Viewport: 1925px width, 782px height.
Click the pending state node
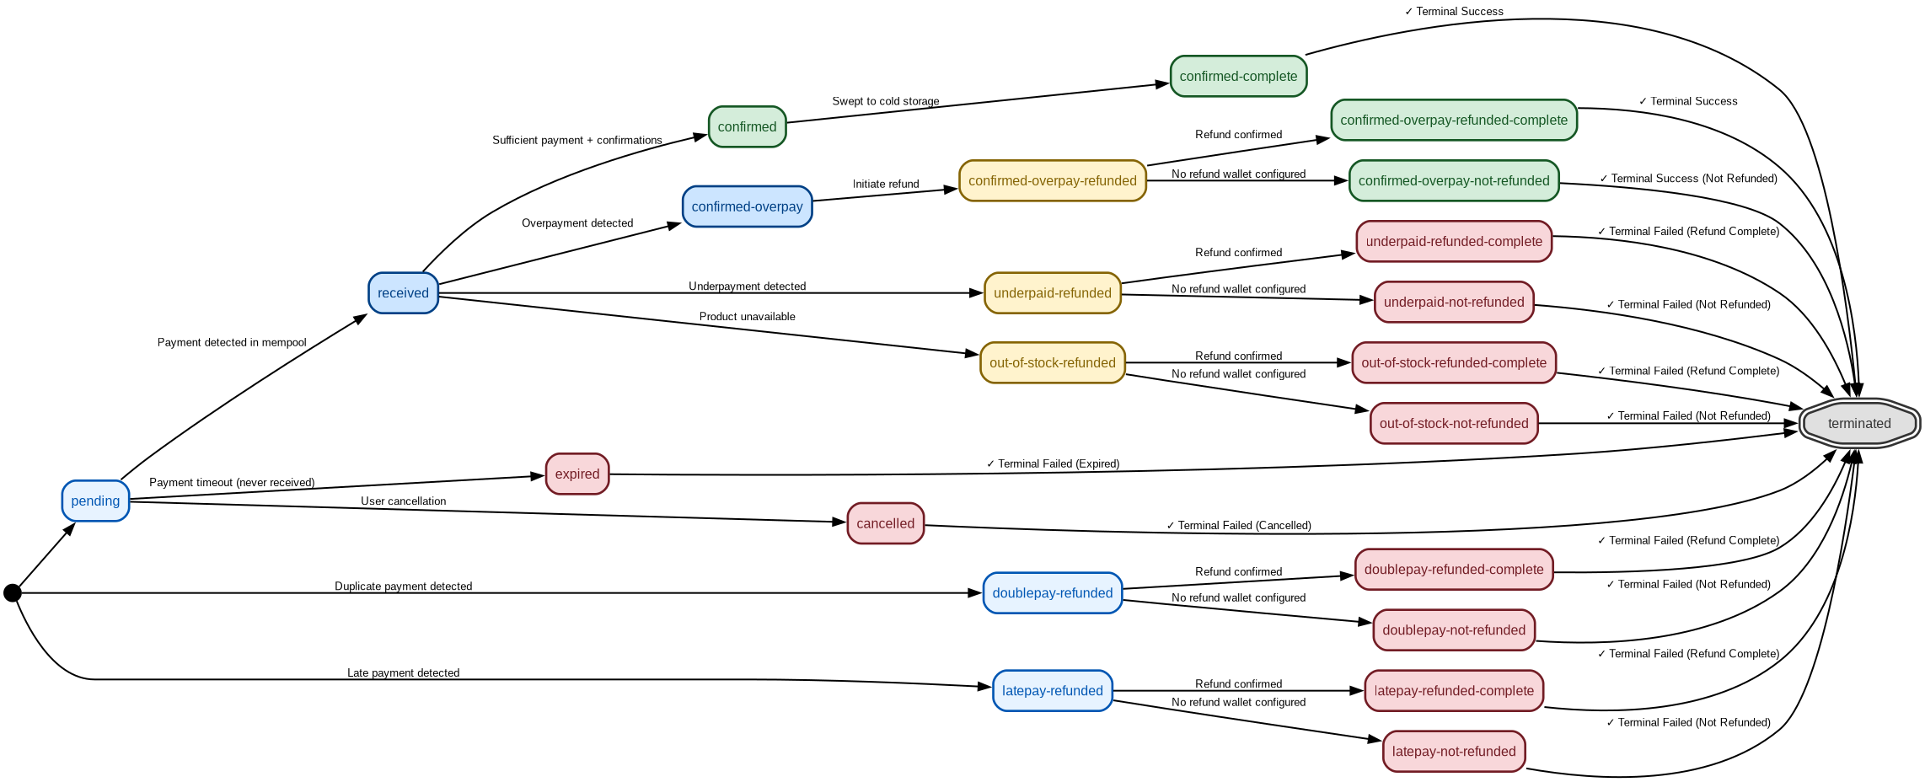click(x=95, y=501)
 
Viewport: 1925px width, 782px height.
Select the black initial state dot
click(x=13, y=593)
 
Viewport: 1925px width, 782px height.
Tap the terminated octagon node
click(x=1859, y=423)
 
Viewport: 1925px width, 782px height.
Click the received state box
click(x=403, y=292)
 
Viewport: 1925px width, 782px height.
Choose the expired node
click(x=577, y=474)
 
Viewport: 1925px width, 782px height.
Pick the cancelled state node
click(x=885, y=523)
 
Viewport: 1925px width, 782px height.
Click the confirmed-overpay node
click(x=747, y=206)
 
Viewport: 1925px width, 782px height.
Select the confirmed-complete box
click(x=1238, y=76)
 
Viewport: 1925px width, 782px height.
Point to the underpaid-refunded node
click(x=1053, y=292)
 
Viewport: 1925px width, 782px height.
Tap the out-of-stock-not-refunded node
click(x=1454, y=423)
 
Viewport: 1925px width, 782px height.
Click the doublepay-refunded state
click(x=1053, y=592)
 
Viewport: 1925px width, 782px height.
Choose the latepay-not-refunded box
click(x=1454, y=751)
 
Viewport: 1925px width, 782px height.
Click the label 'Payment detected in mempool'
click(x=232, y=342)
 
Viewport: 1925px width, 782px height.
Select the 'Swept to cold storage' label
click(x=886, y=101)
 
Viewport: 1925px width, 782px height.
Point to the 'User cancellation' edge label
click(x=404, y=501)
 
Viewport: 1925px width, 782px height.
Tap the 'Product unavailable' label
click(x=748, y=317)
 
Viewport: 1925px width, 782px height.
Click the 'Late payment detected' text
click(x=404, y=673)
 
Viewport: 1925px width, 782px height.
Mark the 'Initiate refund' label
click(x=886, y=184)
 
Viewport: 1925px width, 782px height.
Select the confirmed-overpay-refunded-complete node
click(x=1454, y=120)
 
